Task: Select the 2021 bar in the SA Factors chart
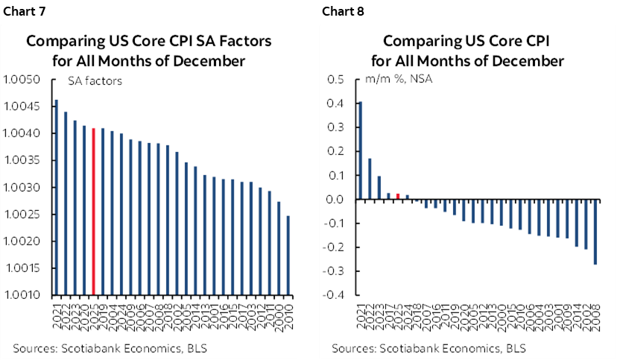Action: coord(56,197)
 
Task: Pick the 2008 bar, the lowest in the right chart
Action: coord(595,232)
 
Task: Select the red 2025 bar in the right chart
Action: coord(398,196)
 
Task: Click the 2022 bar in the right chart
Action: coord(370,179)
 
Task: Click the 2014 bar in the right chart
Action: coord(576,223)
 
